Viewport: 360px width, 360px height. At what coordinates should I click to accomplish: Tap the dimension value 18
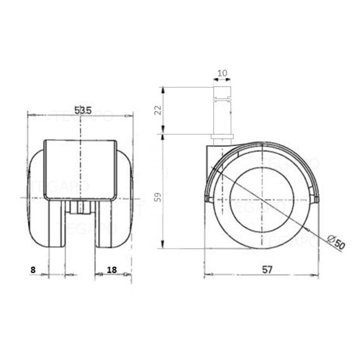pyautogui.click(x=112, y=270)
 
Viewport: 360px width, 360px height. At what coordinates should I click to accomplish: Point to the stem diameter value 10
pyautogui.click(x=222, y=74)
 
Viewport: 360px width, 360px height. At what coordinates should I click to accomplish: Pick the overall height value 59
pyautogui.click(x=158, y=197)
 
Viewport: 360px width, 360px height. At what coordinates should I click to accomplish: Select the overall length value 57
pyautogui.click(x=267, y=270)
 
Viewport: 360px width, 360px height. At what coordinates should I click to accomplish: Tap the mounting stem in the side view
pyautogui.click(x=222, y=116)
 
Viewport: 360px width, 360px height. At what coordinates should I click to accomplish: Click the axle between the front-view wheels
pyautogui.click(x=80, y=208)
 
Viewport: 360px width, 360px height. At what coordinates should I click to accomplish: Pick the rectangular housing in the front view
pyautogui.click(x=80, y=170)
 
